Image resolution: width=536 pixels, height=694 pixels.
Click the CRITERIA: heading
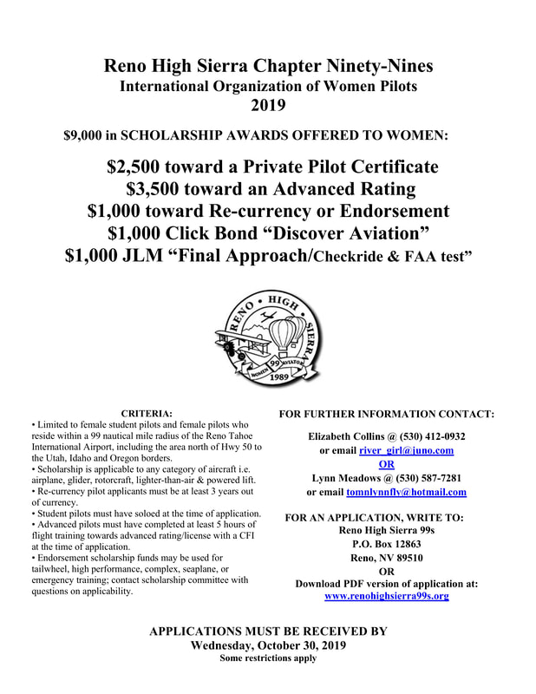click(x=147, y=413)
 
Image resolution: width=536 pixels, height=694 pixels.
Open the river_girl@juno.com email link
click(x=407, y=450)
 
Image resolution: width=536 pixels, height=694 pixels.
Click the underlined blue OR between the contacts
click(x=387, y=464)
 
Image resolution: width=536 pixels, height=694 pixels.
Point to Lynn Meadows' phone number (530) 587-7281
click(x=422, y=478)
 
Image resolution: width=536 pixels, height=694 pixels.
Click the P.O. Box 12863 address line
click(x=386, y=543)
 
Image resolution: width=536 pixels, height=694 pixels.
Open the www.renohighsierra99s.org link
click(x=387, y=597)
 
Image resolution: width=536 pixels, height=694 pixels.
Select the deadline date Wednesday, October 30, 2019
click(x=267, y=645)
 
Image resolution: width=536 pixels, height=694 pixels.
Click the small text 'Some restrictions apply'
click(x=267, y=658)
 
